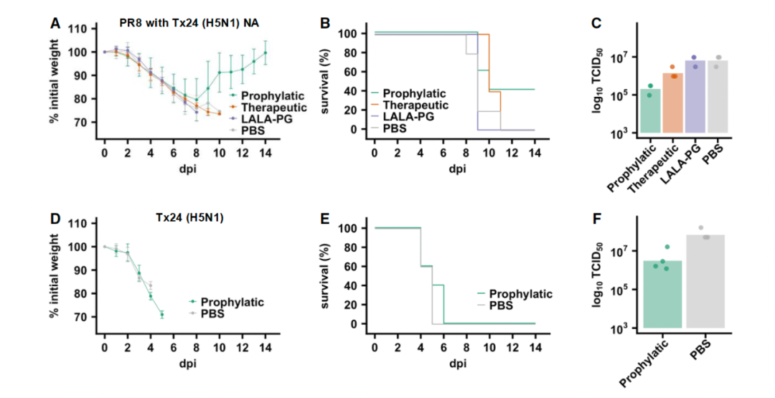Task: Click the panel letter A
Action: tap(55, 23)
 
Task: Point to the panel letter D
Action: tap(55, 217)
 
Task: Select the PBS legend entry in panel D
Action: tap(214, 313)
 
